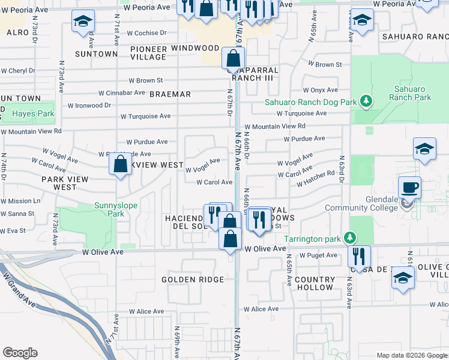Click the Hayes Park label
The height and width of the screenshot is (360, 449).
click(34, 113)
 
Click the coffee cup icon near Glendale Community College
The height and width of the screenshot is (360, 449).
click(411, 187)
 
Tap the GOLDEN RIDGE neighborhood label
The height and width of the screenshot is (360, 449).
click(193, 280)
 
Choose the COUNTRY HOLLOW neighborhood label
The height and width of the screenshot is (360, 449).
click(315, 283)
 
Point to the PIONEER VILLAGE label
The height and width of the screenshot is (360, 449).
click(147, 52)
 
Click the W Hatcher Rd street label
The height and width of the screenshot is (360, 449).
click(315, 179)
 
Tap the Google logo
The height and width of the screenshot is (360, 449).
click(20, 353)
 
